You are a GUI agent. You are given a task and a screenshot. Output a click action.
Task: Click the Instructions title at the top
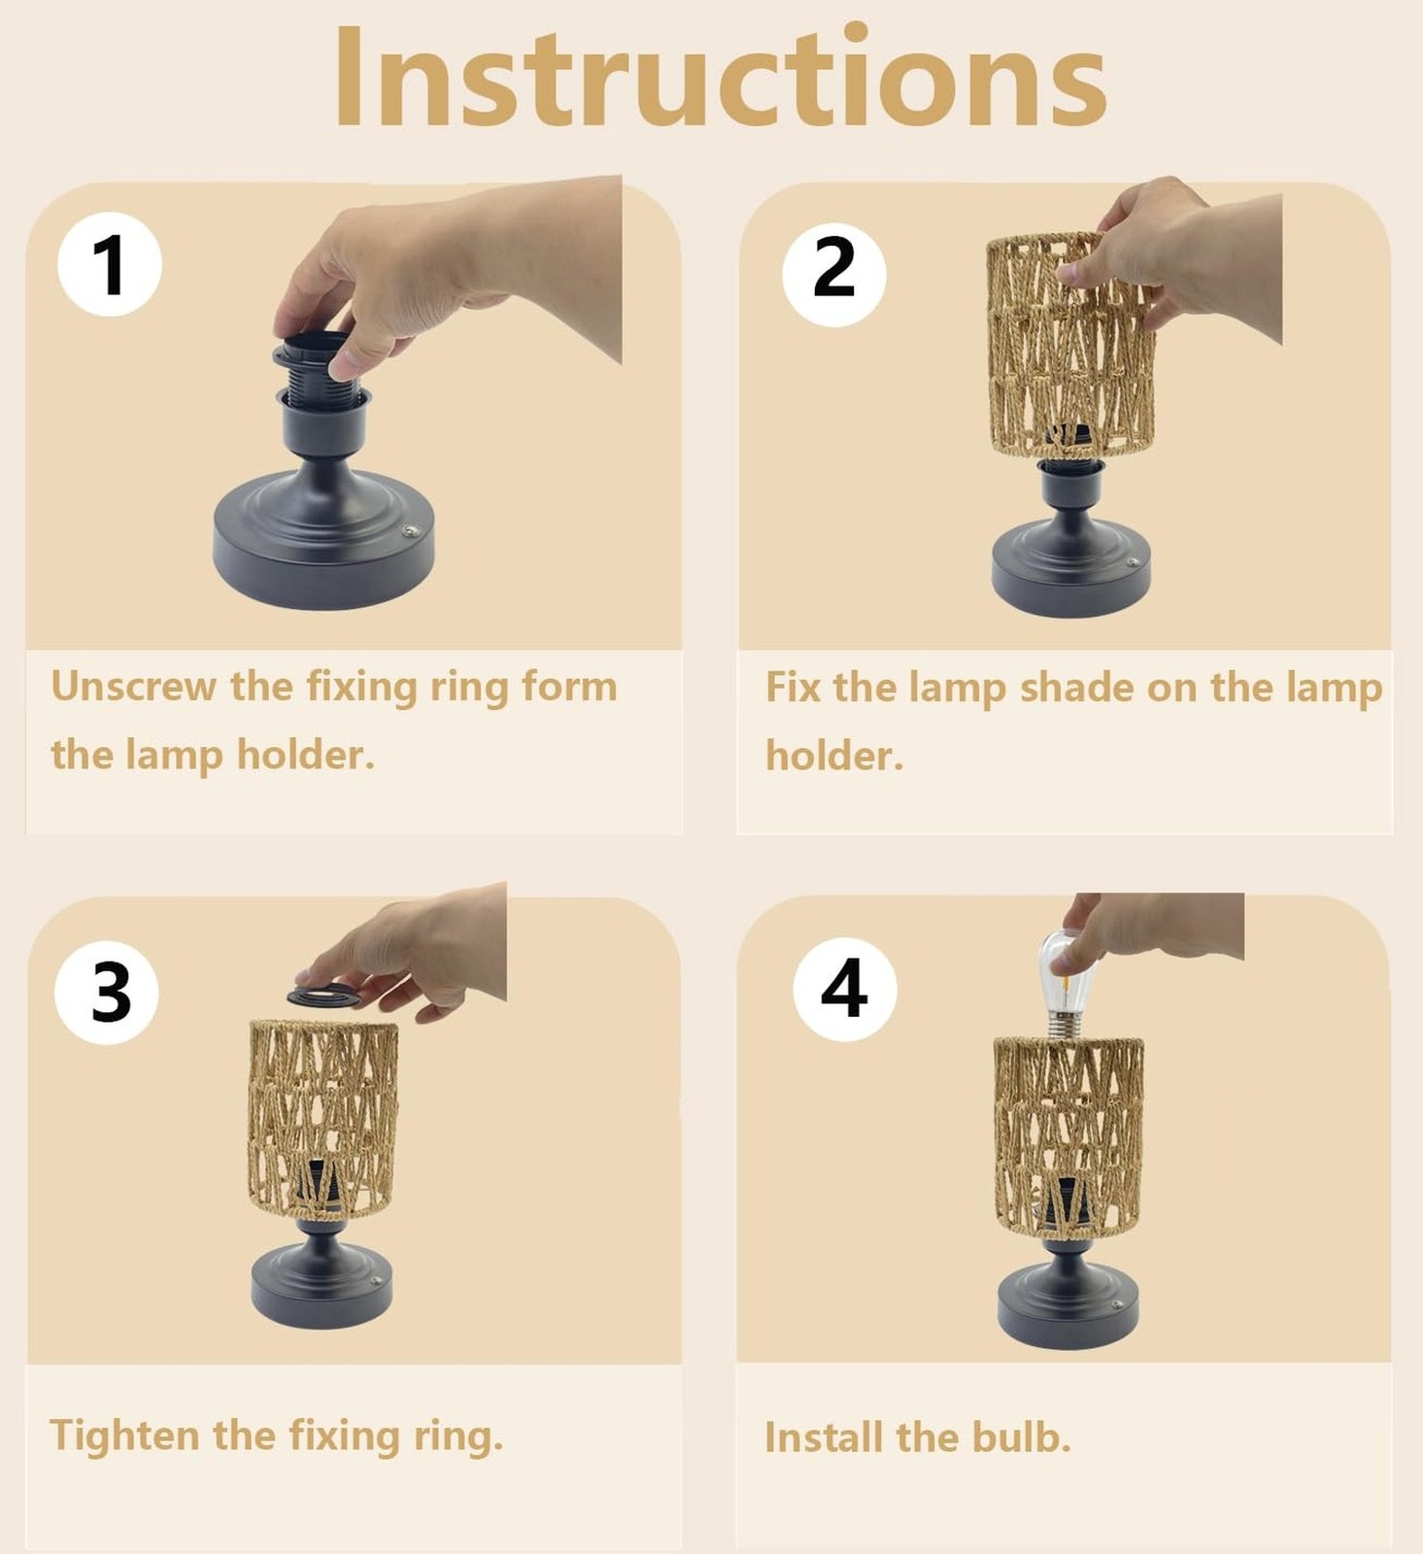(x=721, y=78)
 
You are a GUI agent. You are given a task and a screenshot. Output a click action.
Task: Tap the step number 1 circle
(x=110, y=263)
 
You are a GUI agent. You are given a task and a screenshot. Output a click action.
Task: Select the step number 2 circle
(x=833, y=273)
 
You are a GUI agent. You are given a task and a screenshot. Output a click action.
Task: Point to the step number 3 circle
(x=107, y=992)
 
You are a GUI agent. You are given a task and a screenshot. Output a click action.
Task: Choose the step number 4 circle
(x=844, y=989)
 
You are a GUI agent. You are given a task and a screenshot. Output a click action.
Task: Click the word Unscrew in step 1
(x=133, y=687)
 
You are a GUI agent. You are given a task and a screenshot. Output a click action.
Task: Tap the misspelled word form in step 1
(x=569, y=687)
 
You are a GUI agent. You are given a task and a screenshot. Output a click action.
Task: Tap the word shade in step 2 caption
(x=1076, y=688)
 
